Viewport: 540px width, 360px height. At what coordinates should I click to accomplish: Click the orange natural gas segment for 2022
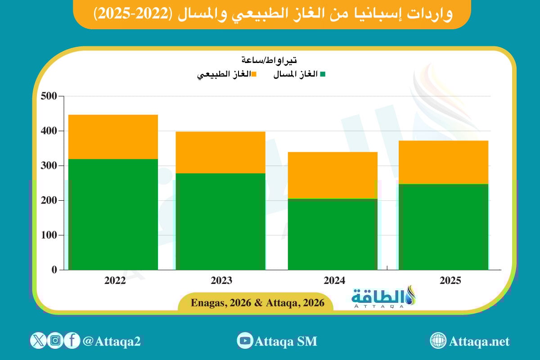113,137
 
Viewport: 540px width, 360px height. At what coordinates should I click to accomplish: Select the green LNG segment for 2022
113,214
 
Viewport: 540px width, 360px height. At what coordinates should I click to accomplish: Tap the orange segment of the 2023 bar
220,152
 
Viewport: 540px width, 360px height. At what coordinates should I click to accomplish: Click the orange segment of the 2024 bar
333,175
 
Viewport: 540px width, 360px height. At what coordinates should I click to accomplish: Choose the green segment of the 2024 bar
333,234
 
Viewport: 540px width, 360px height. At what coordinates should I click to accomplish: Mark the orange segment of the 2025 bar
443,162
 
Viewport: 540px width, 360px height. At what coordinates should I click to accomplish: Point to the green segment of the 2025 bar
443,227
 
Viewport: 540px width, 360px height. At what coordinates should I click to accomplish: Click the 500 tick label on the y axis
49,96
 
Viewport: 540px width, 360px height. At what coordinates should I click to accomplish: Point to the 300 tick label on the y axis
49,166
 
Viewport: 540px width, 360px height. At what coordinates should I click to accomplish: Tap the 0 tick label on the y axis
54,270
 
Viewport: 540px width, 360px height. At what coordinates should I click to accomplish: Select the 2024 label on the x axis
334,281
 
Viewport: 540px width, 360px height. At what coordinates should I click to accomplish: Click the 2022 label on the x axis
115,281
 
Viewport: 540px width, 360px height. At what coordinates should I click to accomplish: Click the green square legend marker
322,74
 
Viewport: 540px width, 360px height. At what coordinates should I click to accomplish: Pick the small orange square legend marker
254,74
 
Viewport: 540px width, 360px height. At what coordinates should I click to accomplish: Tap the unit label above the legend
269,60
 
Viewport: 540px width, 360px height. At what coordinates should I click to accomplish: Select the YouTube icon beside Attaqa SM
245,341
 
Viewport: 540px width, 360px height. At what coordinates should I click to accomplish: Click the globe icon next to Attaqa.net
438,341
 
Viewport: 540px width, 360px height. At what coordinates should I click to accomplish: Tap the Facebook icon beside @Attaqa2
72,340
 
